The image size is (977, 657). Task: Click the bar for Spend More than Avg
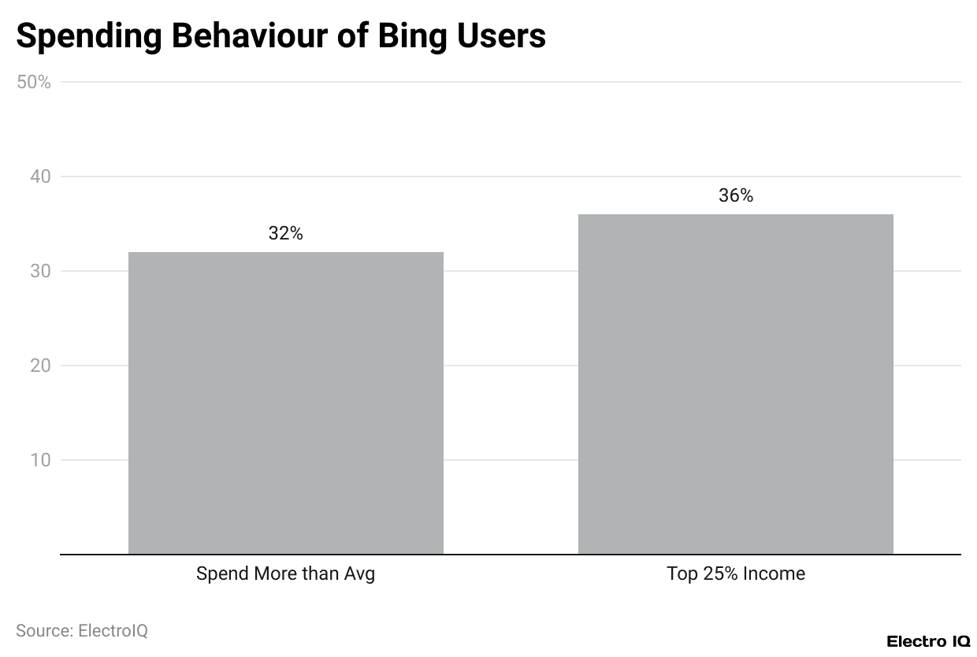click(285, 403)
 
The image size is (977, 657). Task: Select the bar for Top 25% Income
click(735, 384)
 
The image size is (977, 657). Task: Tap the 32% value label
click(285, 233)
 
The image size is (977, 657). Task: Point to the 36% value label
click(736, 195)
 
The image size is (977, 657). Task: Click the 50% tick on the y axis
click(34, 82)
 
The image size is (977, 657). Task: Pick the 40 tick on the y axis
click(39, 176)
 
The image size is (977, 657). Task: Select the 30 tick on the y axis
click(39, 271)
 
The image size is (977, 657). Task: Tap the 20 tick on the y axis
click(39, 366)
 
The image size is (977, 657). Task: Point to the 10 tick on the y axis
click(39, 460)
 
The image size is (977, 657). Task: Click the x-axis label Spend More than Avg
click(285, 573)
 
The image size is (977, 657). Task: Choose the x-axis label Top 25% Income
click(736, 573)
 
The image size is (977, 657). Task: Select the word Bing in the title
click(422, 37)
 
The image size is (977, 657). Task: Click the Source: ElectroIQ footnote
click(82, 630)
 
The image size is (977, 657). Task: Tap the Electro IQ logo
click(928, 641)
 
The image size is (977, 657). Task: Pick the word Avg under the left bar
click(359, 574)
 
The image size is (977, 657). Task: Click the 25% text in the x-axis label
click(721, 573)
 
